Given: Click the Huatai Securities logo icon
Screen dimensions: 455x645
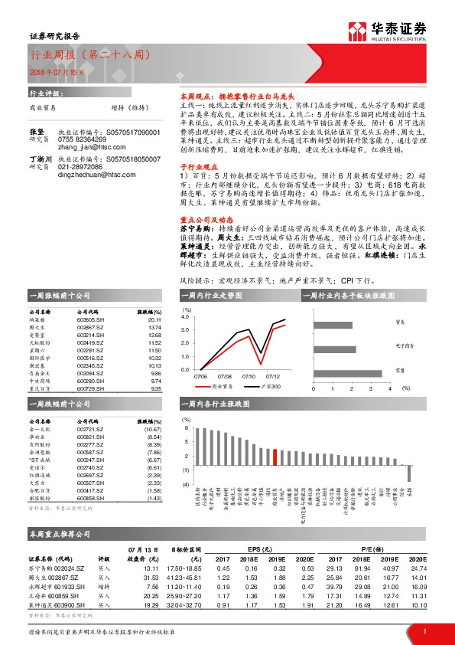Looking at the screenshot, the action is pyautogui.click(x=357, y=30).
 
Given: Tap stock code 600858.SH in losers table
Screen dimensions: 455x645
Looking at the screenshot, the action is pyautogui.click(x=91, y=499).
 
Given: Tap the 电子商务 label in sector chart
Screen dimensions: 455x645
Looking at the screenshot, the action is pyautogui.click(x=405, y=346).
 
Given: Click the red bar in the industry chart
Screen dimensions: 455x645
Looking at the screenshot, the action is pyautogui.click(x=274, y=457).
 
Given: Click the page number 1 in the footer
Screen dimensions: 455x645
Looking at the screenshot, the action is pyautogui.click(x=424, y=631).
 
